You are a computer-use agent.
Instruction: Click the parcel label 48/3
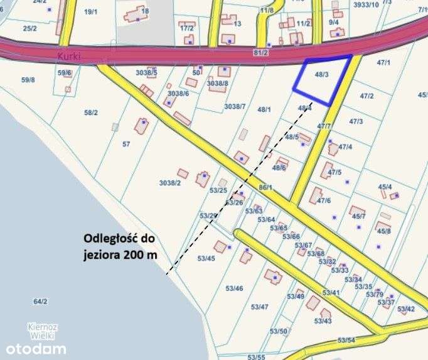tap(321, 75)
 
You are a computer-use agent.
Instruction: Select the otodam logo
tap(36, 348)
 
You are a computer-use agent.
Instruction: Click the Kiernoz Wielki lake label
tap(43, 330)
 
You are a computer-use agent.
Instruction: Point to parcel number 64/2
tap(41, 302)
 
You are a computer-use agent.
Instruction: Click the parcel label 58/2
tap(91, 112)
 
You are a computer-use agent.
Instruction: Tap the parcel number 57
tap(126, 144)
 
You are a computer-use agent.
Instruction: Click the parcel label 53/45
tap(206, 258)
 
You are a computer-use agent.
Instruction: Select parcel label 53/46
tap(234, 288)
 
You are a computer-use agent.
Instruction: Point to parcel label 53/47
tap(260, 307)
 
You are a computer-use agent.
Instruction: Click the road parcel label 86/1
tap(266, 187)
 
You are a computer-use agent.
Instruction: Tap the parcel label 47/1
tap(383, 63)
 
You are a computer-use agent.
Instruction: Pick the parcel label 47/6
tap(323, 200)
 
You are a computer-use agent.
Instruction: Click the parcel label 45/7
tap(359, 217)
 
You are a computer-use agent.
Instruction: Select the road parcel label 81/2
tap(260, 52)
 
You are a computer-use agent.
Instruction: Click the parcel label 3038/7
tap(234, 106)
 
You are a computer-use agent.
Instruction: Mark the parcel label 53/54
tap(346, 340)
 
